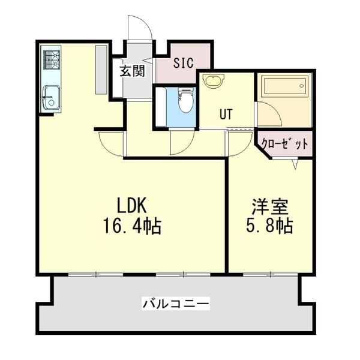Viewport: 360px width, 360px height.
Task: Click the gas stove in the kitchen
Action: [x=52, y=59]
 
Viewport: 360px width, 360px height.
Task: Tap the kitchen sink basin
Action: [x=52, y=97]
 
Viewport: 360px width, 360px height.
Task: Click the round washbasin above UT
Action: [x=214, y=80]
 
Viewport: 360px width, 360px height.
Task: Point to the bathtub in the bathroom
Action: [x=285, y=86]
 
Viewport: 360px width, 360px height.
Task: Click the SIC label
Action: [x=184, y=63]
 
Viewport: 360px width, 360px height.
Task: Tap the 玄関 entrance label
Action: [x=133, y=71]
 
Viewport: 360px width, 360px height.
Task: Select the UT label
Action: [x=226, y=114]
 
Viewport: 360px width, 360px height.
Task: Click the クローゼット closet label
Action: [x=284, y=144]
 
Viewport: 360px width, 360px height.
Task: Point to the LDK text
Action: [x=132, y=205]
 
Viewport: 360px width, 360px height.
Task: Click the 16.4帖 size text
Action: [x=133, y=226]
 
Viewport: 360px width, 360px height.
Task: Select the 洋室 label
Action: [x=270, y=206]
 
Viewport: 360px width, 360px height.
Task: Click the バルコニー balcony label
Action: [x=176, y=304]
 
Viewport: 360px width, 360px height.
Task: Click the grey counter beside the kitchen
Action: [x=101, y=70]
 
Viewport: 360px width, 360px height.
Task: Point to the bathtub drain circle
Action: [x=301, y=86]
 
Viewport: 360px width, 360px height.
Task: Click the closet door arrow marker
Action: [x=295, y=164]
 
